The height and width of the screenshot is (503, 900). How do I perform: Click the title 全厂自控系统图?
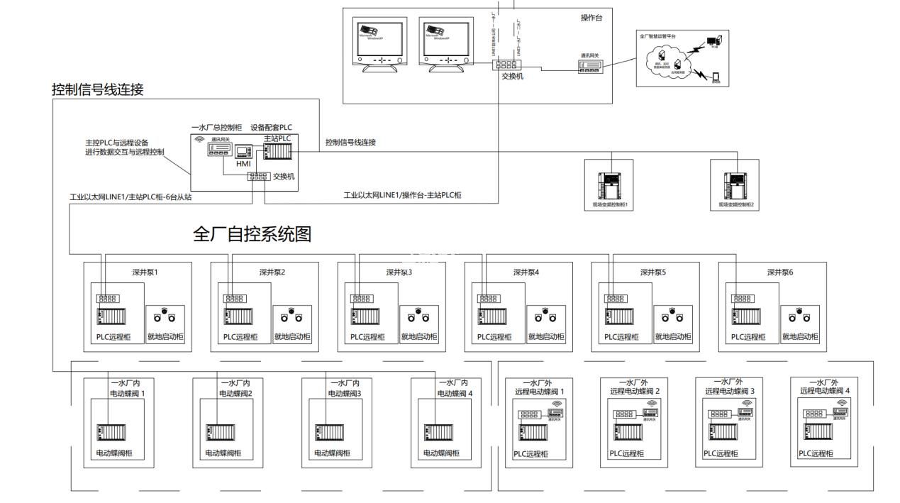pos(252,234)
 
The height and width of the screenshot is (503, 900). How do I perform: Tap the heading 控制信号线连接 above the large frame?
pos(98,89)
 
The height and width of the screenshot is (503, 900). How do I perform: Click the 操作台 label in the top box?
pos(591,18)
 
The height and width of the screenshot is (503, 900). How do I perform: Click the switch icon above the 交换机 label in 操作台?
pos(506,65)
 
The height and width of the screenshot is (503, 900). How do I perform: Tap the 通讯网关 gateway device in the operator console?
pos(590,66)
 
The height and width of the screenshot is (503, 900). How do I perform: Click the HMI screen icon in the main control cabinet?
pos(244,150)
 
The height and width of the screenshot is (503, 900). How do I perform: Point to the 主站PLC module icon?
pos(277,152)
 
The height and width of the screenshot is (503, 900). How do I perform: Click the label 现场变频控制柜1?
pos(611,204)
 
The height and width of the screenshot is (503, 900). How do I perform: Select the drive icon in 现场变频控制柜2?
pos(734,186)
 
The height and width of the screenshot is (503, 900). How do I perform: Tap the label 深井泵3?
pos(399,272)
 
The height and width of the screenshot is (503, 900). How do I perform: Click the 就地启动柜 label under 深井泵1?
pos(165,337)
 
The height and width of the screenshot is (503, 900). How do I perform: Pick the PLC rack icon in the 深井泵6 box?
pos(748,316)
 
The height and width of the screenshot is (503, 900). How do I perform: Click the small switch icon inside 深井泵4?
pos(488,299)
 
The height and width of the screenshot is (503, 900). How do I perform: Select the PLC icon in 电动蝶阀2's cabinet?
pos(216,432)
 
